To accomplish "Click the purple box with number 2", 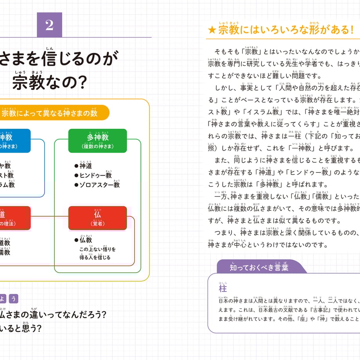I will click(49, 25).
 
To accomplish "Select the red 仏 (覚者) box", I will click(97, 218).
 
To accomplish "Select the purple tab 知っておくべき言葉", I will click(259, 268).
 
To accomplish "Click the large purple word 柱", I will click(223, 289).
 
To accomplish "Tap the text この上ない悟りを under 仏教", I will click(97, 249).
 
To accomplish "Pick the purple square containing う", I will click(14, 299).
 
